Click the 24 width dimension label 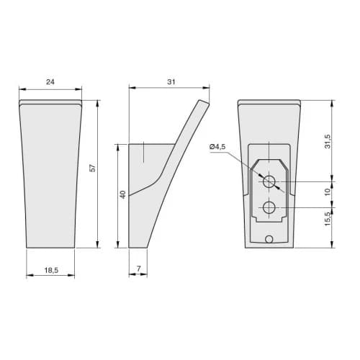(x=50, y=82)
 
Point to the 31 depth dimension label (x=171, y=82)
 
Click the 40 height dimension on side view (x=122, y=194)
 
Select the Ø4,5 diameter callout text (x=217, y=147)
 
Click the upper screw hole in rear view (x=269, y=182)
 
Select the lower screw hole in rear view (x=269, y=208)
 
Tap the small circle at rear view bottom (x=269, y=238)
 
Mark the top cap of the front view (x=50, y=102)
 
